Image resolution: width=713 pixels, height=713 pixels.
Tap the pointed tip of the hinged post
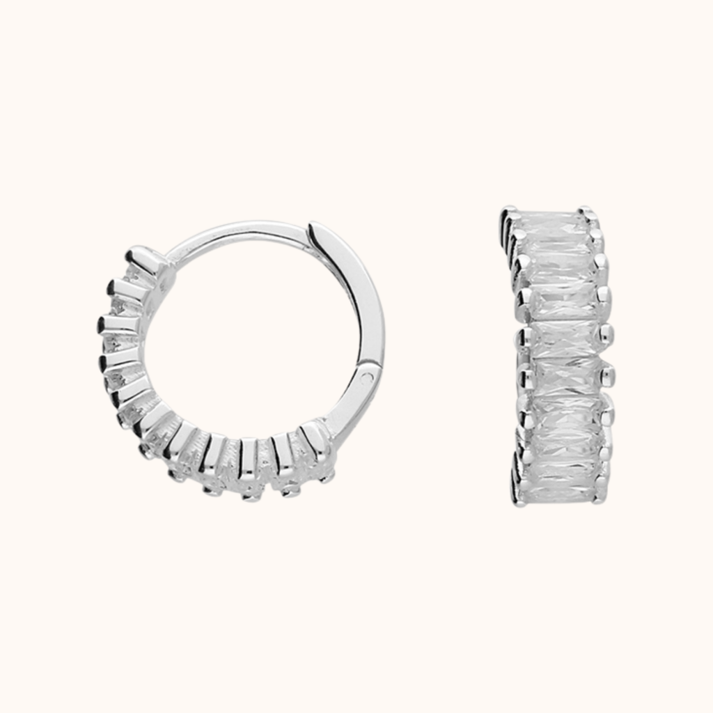point(312,226)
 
